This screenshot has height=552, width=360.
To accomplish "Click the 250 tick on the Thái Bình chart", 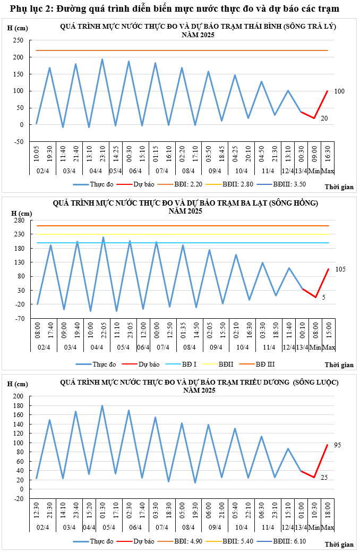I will pos(19,40).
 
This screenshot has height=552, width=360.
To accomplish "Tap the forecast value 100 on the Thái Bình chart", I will pos(340,91).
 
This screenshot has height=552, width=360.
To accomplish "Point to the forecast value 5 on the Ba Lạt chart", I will pos(323,298).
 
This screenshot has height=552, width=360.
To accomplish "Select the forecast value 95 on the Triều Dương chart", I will pos(337,445).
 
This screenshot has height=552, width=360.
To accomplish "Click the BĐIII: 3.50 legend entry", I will pos(289,184).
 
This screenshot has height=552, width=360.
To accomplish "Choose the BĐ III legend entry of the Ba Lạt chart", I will pos(265,364).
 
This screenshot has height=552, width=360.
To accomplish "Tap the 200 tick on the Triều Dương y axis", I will pos(19,396).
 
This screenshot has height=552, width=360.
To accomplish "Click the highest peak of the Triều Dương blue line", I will pos(102,406).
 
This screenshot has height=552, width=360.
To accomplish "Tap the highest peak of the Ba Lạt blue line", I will pos(103,237).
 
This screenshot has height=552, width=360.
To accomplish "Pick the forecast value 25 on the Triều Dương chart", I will pos(324,478).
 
